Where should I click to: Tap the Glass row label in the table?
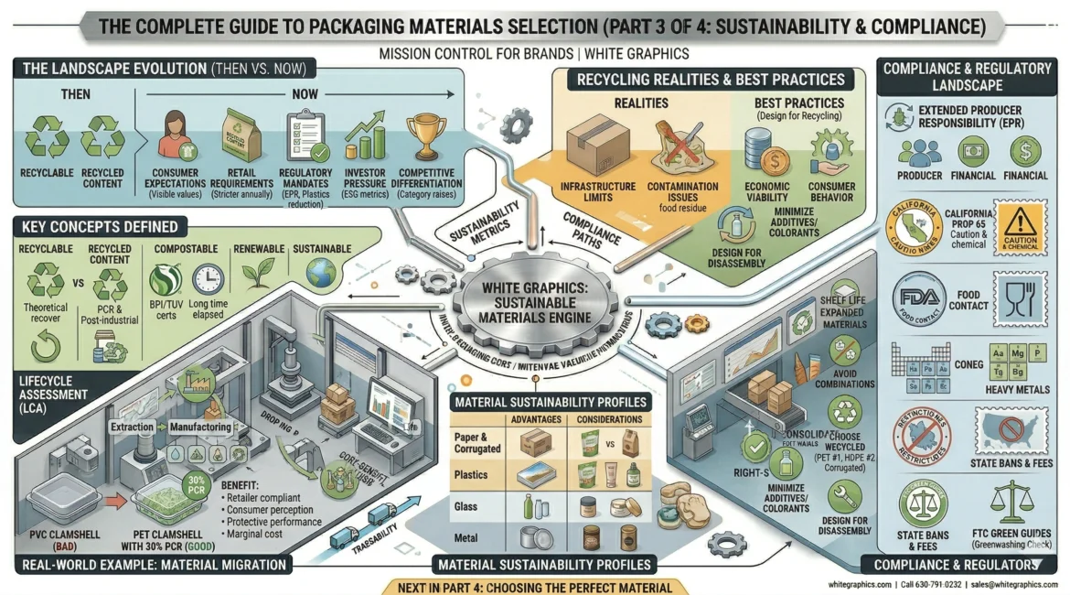[x=465, y=506]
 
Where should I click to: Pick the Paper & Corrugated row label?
[x=476, y=443]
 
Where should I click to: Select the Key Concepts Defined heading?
[x=96, y=226]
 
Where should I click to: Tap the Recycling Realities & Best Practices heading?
[x=710, y=80]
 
